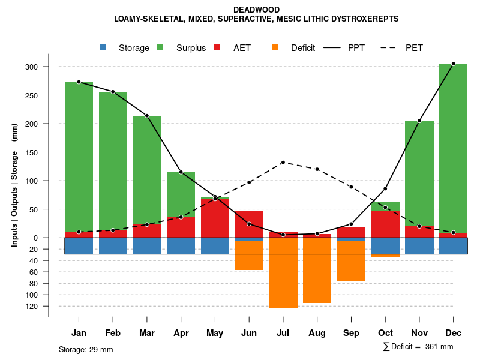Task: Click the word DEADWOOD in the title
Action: pyautogui.click(x=256, y=10)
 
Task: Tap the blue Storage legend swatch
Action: pyautogui.click(x=103, y=47)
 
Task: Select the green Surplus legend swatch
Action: pyautogui.click(x=160, y=47)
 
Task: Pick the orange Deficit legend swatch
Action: pyautogui.click(x=275, y=47)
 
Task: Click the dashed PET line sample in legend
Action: pyautogui.click(x=391, y=47)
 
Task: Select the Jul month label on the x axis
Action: pyautogui.click(x=283, y=333)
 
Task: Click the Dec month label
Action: pyautogui.click(x=453, y=333)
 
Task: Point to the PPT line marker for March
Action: pyautogui.click(x=147, y=115)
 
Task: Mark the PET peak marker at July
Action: pyautogui.click(x=283, y=163)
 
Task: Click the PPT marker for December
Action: pyautogui.click(x=453, y=64)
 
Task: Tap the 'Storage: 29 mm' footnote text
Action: pyautogui.click(x=86, y=349)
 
